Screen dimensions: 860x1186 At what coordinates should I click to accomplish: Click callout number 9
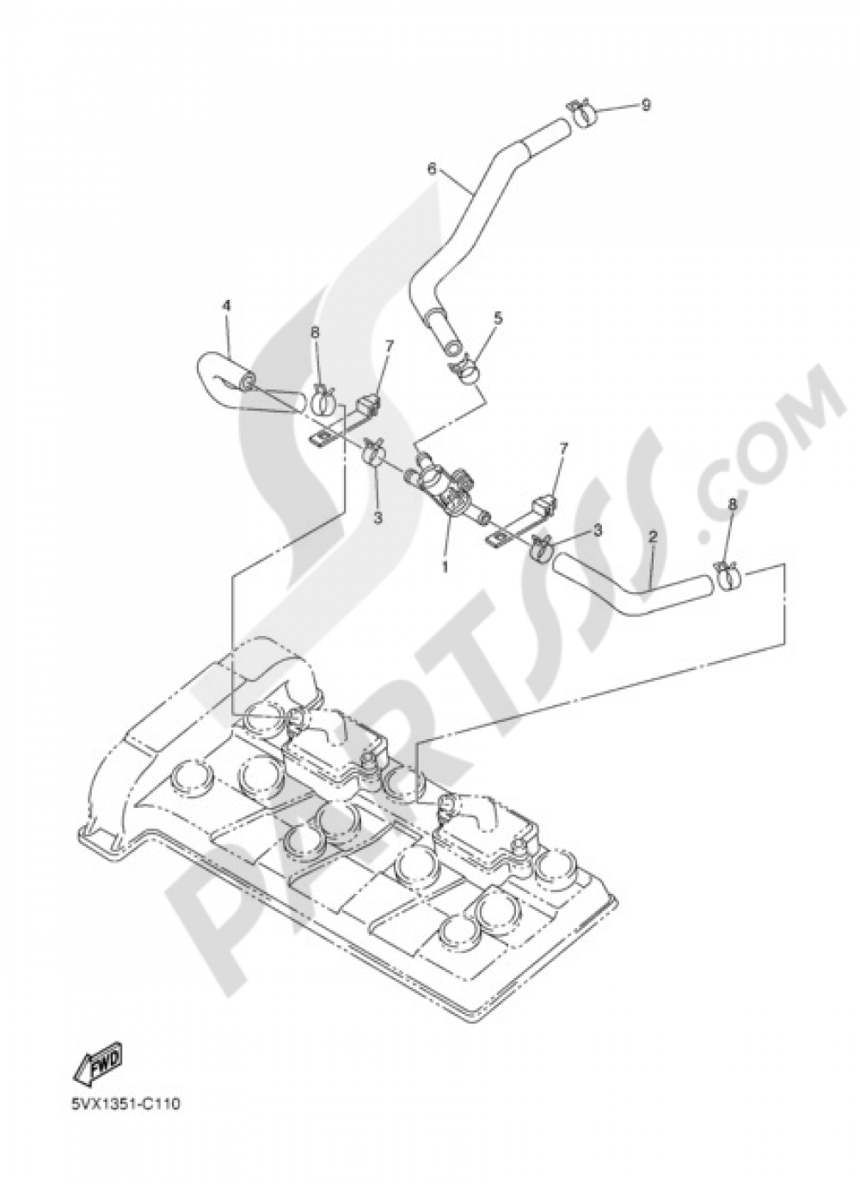click(645, 105)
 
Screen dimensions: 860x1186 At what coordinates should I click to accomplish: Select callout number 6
click(432, 168)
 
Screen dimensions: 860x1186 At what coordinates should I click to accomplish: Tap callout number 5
click(498, 317)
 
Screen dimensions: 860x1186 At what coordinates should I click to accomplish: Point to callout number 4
click(226, 305)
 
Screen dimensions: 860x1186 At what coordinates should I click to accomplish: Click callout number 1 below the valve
click(445, 543)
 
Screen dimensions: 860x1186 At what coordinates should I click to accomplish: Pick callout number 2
click(653, 535)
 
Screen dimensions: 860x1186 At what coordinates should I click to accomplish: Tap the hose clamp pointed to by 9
click(581, 113)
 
